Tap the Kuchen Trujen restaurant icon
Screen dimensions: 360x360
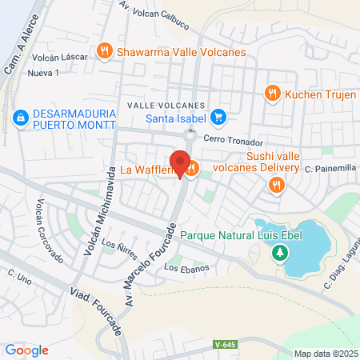pos(272,93)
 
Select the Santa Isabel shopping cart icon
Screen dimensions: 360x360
pos(219,119)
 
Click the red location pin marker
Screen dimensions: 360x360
pos(182,163)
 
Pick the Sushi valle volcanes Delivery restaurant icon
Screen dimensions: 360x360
pos(277,185)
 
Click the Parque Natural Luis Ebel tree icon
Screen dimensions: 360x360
pos(279,254)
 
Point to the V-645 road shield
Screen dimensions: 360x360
pos(226,322)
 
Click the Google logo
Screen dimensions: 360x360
pos(26,350)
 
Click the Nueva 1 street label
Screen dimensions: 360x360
pos(43,74)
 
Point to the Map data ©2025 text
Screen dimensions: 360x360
pos(325,354)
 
